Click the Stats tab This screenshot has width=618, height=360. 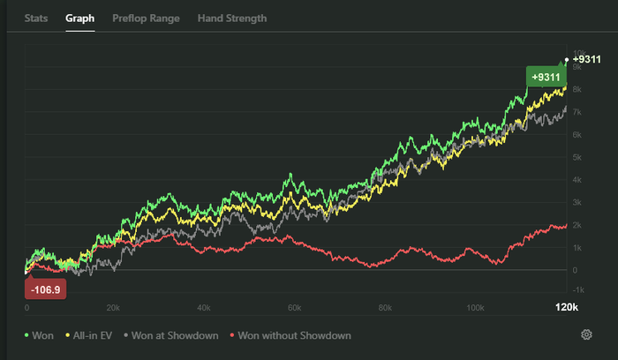click(36, 18)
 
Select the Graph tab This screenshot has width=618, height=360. click(79, 18)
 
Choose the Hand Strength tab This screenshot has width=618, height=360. click(232, 18)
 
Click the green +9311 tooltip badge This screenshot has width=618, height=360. click(546, 77)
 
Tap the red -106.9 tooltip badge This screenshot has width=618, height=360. click(45, 289)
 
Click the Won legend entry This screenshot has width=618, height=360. click(40, 335)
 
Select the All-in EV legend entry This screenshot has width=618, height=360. click(91, 335)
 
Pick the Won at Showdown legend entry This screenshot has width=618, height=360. click(172, 335)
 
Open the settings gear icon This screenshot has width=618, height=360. click(586, 335)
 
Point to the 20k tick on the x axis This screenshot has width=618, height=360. click(112, 308)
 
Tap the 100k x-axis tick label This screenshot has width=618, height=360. click(475, 308)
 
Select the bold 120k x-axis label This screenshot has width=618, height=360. click(565, 307)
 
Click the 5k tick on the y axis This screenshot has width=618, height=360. click(577, 157)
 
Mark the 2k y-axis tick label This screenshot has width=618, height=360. click(577, 225)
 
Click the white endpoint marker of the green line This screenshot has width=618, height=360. click(566, 60)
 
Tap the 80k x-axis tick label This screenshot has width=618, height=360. click(384, 308)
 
